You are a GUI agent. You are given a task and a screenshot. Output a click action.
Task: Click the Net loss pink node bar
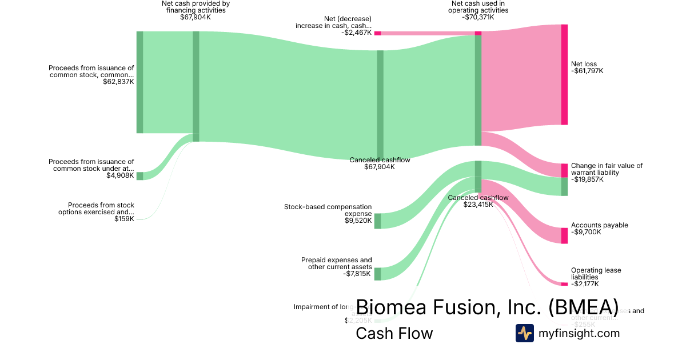(564, 74)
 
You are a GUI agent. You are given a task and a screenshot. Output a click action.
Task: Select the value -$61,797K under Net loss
(587, 71)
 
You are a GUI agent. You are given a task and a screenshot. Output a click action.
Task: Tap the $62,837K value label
(118, 82)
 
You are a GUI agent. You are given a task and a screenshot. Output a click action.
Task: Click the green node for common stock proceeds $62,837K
(139, 82)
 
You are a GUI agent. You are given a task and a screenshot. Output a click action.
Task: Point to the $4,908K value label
(120, 175)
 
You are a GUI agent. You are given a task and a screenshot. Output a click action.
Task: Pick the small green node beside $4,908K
(139, 175)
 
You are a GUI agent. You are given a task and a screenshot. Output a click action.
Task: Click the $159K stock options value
(124, 219)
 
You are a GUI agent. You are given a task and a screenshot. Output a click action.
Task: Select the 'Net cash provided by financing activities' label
(196, 7)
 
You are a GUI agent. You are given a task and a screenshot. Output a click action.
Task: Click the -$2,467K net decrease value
(357, 33)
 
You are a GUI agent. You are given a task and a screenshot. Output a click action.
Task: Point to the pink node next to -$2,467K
(377, 33)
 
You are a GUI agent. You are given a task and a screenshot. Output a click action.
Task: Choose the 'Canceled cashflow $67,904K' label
(380, 163)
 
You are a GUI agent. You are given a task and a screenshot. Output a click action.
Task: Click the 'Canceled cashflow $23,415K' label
(478, 201)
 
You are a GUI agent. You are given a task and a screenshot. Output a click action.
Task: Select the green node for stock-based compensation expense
(377, 221)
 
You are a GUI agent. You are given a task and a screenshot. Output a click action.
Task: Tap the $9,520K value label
(358, 221)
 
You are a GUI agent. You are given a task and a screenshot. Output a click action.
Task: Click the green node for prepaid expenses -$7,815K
(377, 274)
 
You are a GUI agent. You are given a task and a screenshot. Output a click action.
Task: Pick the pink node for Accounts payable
(564, 235)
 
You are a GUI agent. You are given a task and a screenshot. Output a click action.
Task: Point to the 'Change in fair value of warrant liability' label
(607, 169)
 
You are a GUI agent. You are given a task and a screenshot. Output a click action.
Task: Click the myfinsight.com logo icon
(524, 333)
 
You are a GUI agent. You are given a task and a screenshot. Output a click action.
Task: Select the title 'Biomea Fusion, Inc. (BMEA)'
(487, 307)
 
